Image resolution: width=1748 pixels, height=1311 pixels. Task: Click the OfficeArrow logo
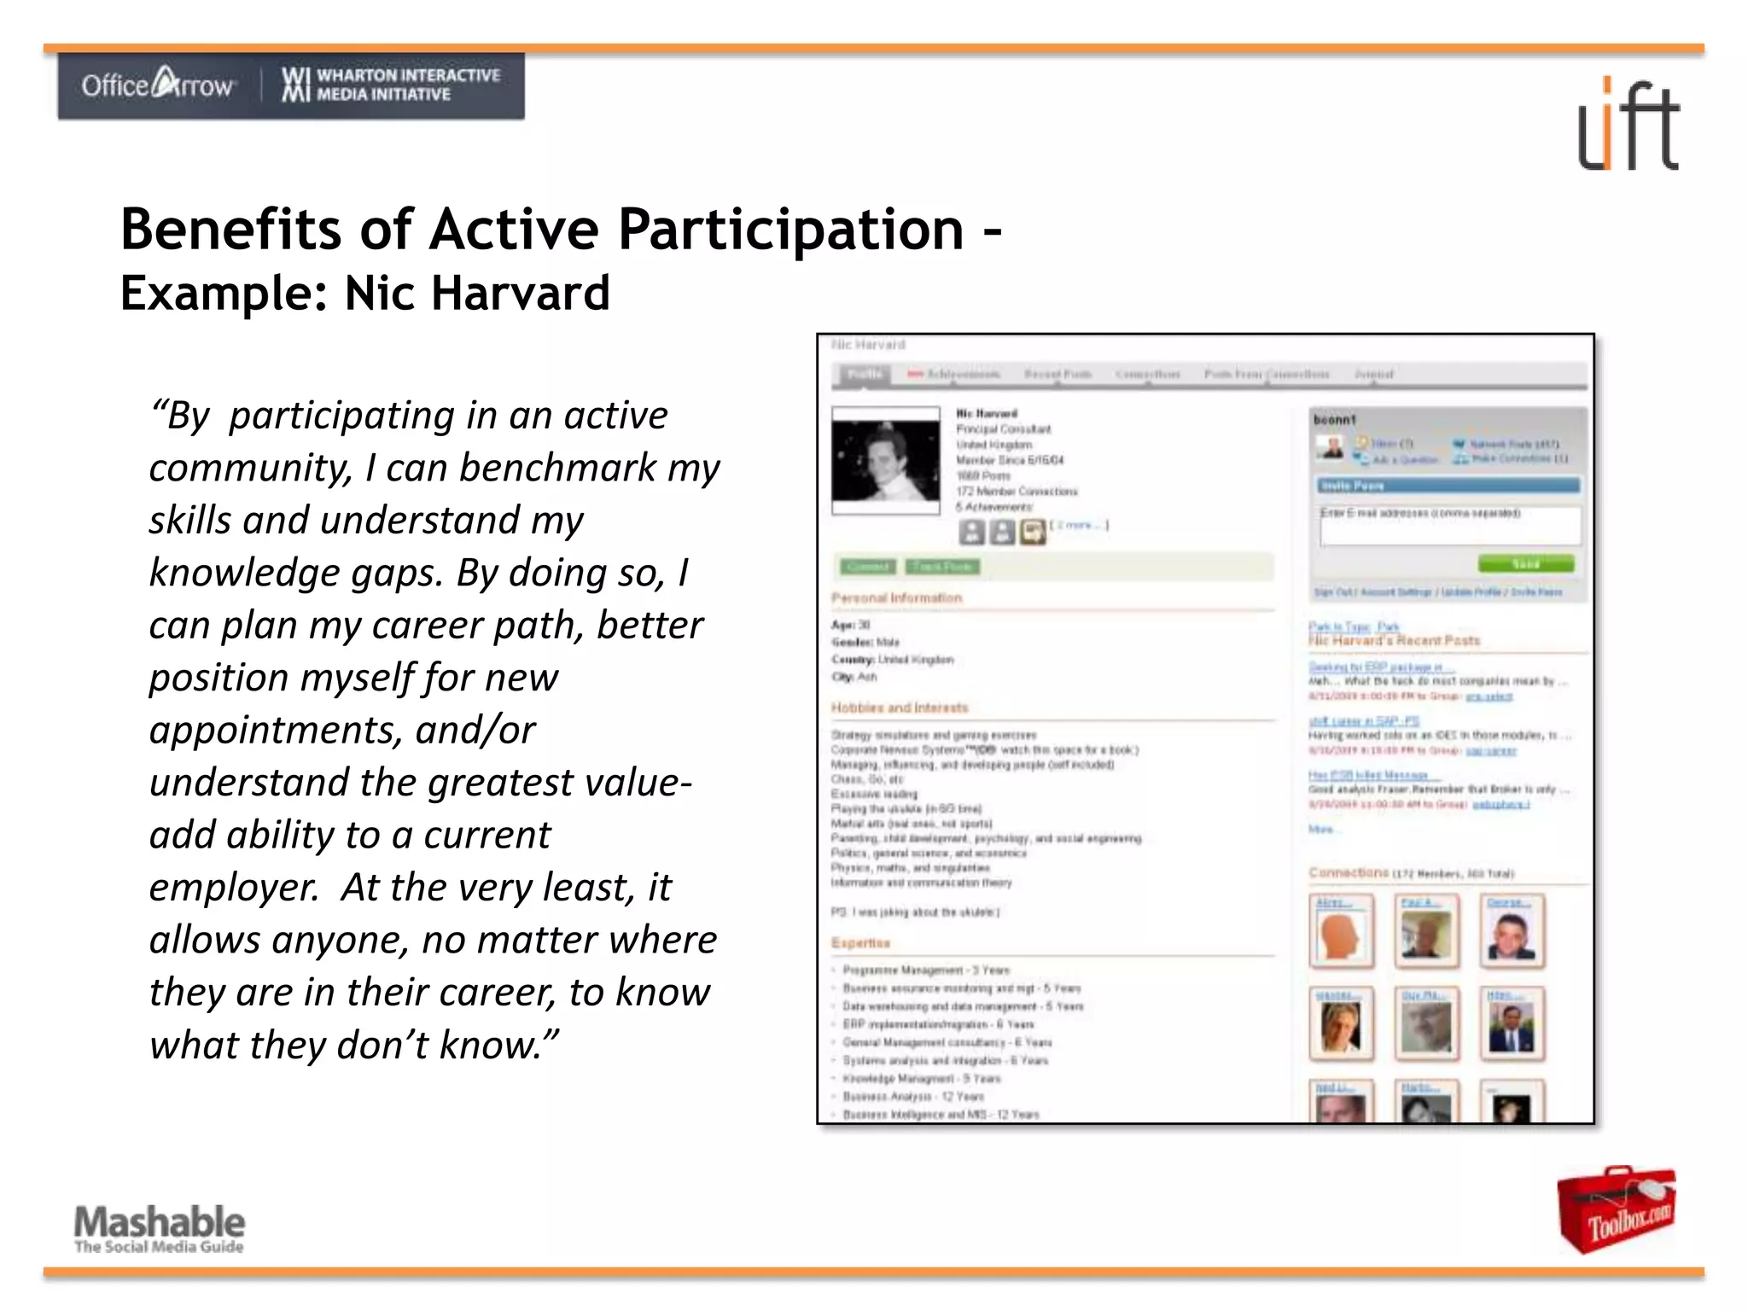pos(157,84)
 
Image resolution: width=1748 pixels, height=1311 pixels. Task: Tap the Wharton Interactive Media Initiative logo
pos(391,84)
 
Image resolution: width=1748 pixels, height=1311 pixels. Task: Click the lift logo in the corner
pos(1628,125)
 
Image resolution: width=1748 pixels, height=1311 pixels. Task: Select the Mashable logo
pos(160,1227)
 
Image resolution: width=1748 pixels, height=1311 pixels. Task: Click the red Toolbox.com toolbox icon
pos(1616,1209)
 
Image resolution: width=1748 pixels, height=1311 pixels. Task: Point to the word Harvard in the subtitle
pos(520,294)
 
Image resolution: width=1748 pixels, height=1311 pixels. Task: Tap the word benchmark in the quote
pos(557,468)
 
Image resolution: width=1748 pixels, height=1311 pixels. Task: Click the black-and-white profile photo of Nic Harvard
pos(886,461)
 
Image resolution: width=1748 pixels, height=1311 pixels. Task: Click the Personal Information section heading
pos(896,598)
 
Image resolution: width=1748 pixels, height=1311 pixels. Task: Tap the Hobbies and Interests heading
pos(900,708)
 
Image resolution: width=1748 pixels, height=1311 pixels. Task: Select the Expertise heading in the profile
pos(860,943)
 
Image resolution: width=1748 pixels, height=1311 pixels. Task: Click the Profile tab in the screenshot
pos(864,374)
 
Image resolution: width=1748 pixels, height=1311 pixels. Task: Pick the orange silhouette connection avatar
pos(1341,932)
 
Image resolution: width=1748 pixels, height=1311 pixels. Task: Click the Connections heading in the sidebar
pos(1349,872)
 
